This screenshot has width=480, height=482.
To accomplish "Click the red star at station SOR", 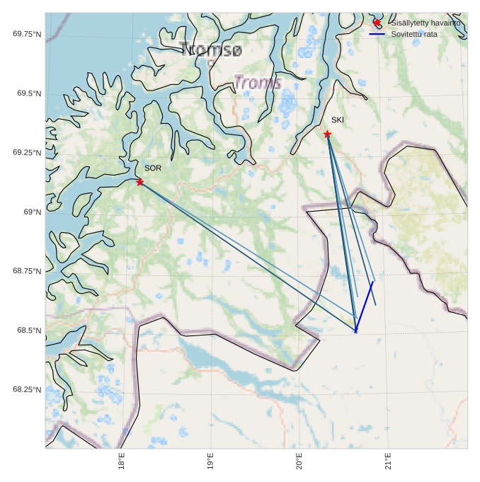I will pos(140,182).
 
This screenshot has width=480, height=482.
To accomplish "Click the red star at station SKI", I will pos(327,134).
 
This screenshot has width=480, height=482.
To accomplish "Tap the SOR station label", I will pos(153,168).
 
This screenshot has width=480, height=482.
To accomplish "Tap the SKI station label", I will pos(338,120).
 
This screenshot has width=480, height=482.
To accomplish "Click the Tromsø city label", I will pos(210,50).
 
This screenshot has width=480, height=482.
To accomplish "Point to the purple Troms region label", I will pos(257,83).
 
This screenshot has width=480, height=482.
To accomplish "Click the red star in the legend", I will pos(377,23).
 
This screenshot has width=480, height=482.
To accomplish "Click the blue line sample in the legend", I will pos(377,34).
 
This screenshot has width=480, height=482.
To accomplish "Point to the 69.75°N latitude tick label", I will pos(27,34).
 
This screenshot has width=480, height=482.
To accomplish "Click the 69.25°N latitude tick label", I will pos(27,153).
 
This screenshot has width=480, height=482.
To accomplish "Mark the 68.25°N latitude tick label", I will pos(27,390).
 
